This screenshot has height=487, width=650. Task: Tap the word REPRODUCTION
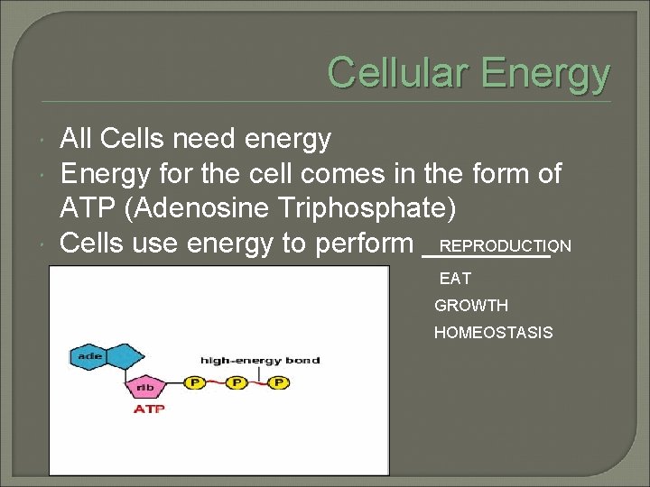point(505,246)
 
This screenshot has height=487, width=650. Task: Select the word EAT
point(455,280)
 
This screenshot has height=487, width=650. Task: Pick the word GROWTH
point(471,306)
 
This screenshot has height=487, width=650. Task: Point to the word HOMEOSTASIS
point(493,333)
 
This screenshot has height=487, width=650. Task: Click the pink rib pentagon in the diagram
point(145,388)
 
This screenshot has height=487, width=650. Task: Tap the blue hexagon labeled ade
point(92,356)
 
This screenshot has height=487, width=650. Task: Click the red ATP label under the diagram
point(149,409)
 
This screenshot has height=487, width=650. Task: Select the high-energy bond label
point(260,361)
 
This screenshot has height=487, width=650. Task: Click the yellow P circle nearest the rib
point(193,383)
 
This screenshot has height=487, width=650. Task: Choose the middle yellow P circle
point(237,383)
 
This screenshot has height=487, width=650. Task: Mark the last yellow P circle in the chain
point(279,383)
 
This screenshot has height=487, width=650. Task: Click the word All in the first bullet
point(77,139)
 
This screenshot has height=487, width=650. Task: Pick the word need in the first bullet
point(205,139)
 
